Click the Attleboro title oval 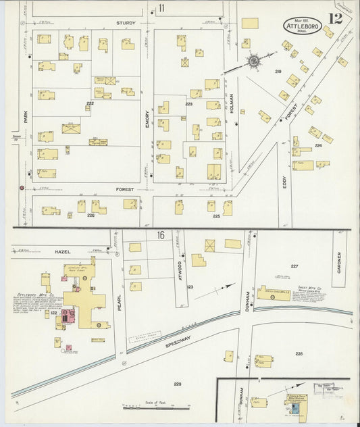point(303,25)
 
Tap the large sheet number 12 point(336,19)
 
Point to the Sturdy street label point(125,22)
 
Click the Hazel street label point(63,251)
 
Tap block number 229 point(177,384)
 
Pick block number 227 point(294,266)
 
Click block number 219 point(277,71)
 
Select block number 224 point(318,145)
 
